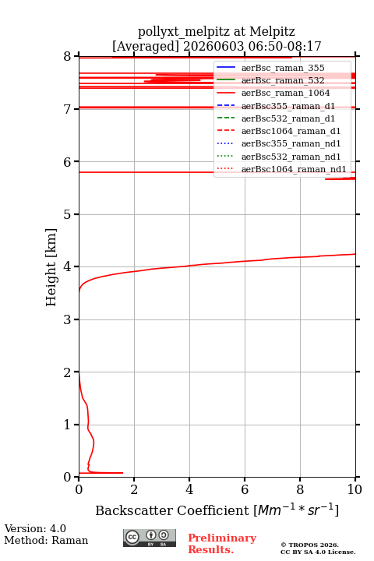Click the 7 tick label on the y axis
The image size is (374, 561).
coord(67,109)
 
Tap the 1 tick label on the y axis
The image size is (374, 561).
coord(67,425)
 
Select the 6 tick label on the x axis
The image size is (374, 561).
coord(245,489)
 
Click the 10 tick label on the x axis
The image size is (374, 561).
coord(355,489)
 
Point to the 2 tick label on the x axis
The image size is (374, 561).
coord(134,489)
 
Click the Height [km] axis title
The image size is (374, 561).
coord(51,267)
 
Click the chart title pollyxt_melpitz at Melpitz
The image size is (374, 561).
coord(217,31)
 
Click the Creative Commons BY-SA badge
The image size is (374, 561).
coord(150,538)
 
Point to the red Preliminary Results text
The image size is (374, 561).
coord(222,544)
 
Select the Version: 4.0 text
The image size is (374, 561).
coord(35,528)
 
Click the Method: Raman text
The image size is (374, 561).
coord(46,540)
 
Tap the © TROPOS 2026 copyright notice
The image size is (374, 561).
coord(309,545)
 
